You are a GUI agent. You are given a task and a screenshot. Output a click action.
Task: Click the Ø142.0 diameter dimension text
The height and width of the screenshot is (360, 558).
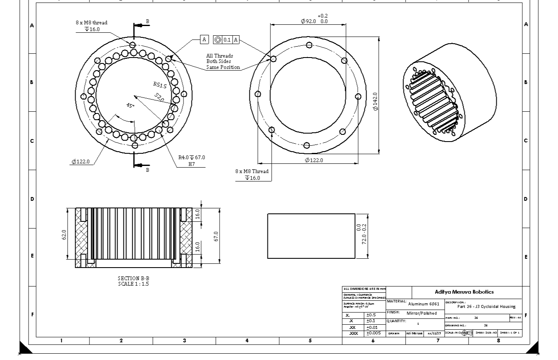click(375, 101)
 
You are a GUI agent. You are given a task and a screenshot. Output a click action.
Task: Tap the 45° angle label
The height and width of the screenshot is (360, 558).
click(131, 105)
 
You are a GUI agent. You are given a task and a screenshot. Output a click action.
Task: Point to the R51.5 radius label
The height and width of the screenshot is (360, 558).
click(160, 85)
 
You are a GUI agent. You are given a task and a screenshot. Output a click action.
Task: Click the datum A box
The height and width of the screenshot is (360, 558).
click(204, 39)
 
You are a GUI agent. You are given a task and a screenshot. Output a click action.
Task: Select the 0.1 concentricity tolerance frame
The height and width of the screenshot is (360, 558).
click(226, 40)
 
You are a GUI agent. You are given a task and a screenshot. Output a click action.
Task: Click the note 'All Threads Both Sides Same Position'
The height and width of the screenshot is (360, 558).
click(223, 61)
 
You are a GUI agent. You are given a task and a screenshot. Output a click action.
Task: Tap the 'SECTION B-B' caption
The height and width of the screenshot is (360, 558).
click(133, 278)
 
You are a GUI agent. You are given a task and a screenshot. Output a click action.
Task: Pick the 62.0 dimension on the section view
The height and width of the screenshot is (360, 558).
click(64, 234)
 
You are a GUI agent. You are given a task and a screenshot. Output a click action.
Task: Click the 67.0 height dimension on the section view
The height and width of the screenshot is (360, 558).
click(216, 236)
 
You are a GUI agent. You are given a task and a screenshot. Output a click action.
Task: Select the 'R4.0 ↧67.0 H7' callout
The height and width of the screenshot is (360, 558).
click(191, 160)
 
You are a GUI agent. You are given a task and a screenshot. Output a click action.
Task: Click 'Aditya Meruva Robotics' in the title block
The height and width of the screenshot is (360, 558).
click(464, 292)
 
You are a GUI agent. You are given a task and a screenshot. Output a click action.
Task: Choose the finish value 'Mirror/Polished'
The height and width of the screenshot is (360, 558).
click(422, 313)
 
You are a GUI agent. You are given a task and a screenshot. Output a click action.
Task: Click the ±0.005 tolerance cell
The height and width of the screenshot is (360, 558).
click(373, 333)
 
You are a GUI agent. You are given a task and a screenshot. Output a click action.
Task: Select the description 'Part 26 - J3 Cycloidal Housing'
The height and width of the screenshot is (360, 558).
click(486, 306)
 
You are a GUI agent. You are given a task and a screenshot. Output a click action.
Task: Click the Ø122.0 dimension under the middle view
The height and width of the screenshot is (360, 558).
click(314, 160)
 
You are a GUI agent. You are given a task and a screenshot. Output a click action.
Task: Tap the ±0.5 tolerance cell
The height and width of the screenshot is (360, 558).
click(371, 315)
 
